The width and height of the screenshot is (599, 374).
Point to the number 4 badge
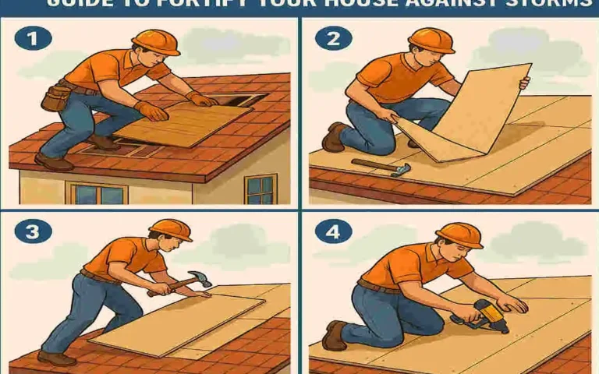coord(333,231)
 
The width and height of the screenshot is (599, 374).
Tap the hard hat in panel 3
coord(171,229)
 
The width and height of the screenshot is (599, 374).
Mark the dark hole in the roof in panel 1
coord(243,100)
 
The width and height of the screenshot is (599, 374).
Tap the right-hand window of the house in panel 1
coord(260,188)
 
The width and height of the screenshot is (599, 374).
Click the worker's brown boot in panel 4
coord(335,335)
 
